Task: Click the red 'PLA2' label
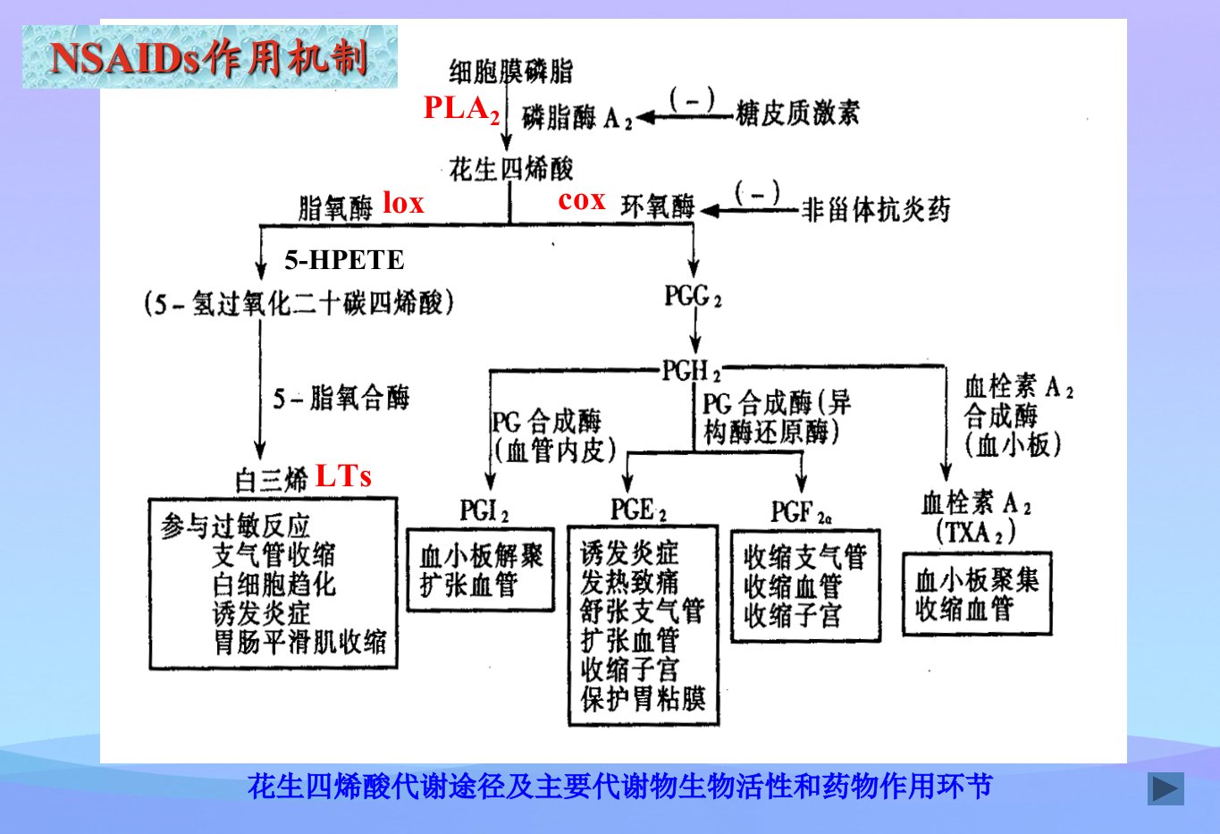point(462,109)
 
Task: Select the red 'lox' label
point(403,203)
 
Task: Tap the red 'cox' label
point(582,200)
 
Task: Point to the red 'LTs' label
point(344,476)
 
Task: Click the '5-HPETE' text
point(344,260)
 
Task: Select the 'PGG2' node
point(693,297)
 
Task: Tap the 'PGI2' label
point(484,510)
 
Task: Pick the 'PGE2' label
point(638,510)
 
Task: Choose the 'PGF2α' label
point(801,512)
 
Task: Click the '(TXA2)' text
point(975,531)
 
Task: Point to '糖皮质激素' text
point(797,114)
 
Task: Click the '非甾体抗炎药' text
point(876,210)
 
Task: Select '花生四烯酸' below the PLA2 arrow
point(511,168)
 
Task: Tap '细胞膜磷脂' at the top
point(511,72)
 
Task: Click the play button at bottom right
point(1165,788)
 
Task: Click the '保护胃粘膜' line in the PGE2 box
point(643,699)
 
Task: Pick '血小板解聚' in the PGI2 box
point(482,556)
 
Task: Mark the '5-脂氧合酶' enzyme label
point(341,397)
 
